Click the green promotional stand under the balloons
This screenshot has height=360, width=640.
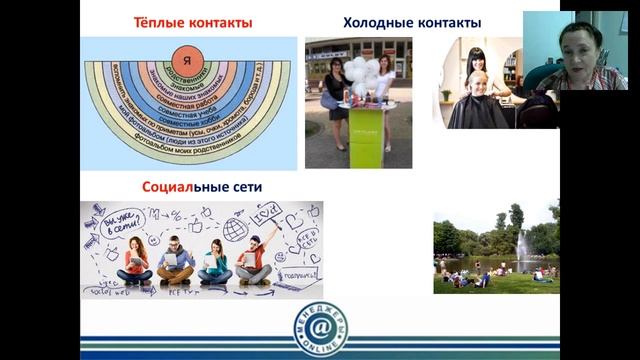tap(357, 130)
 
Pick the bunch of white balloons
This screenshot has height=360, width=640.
tap(357, 70)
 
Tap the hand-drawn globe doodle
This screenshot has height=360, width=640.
tap(236, 229)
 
